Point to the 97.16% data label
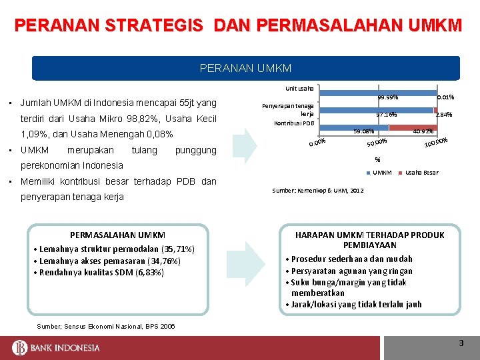coord(386,115)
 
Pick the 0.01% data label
coord(445,97)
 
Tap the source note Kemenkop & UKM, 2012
coord(318,191)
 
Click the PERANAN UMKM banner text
coord(246,68)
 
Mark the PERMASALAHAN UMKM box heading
coord(117,235)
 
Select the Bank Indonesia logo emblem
coord(19,347)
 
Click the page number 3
coord(461,343)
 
